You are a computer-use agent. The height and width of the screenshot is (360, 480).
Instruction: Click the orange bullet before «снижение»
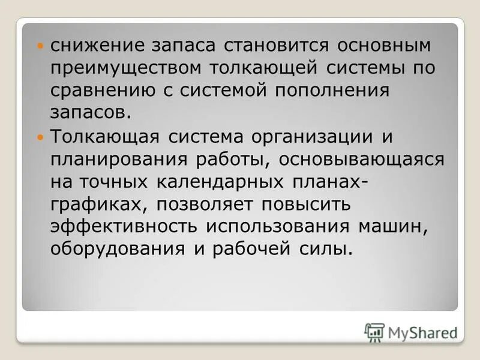(x=41, y=46)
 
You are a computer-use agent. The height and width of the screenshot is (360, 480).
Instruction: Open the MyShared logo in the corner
(x=410, y=331)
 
